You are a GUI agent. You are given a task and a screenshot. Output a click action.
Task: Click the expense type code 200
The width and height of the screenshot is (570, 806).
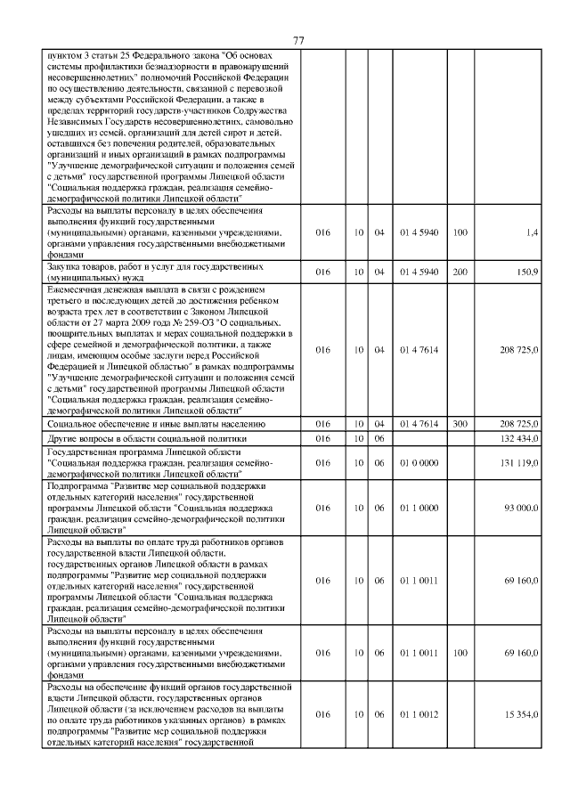[x=460, y=271]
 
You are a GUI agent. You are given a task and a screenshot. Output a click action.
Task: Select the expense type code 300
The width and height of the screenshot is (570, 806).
[x=460, y=425]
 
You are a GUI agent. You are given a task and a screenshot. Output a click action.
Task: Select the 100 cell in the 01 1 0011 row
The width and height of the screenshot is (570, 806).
[x=460, y=653]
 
